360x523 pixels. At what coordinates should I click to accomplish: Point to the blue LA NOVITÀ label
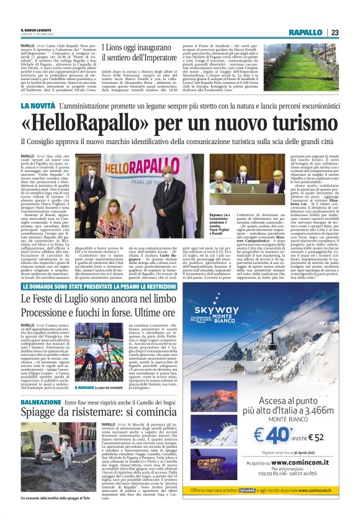(x=38, y=106)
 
